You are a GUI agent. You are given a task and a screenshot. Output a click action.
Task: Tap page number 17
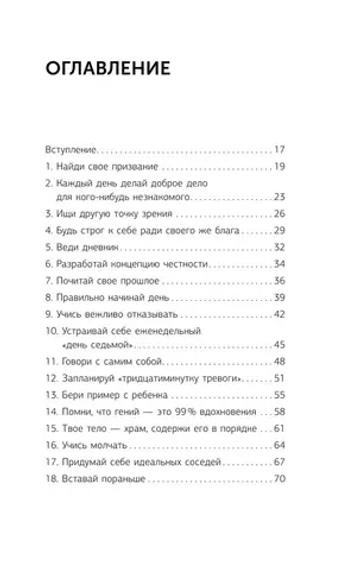pyautogui.click(x=280, y=147)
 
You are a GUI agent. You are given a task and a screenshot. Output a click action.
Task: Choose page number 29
pyautogui.click(x=280, y=233)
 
